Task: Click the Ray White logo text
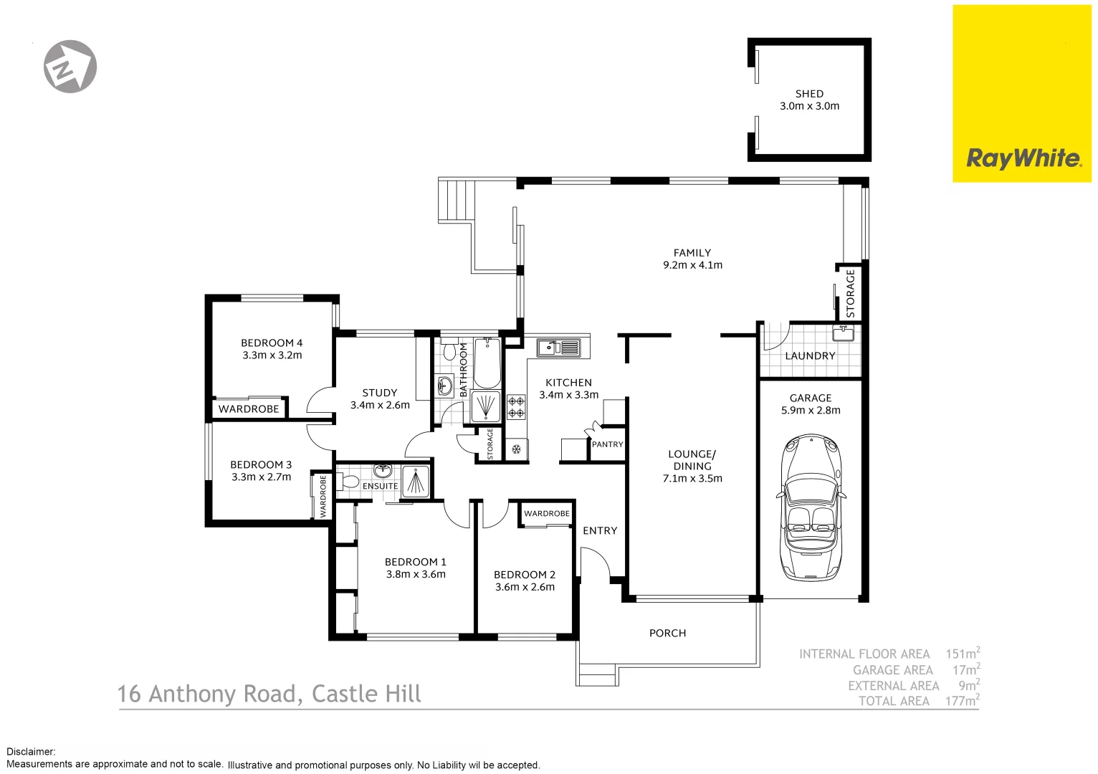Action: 1023,158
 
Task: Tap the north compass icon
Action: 70,67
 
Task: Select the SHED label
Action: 809,94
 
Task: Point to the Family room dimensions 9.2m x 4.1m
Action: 692,265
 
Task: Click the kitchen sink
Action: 559,348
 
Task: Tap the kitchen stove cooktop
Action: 516,406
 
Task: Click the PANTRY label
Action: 607,444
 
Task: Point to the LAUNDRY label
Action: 810,356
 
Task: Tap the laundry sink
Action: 843,333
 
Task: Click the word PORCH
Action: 667,634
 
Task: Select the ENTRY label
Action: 600,531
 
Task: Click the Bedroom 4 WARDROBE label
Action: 249,409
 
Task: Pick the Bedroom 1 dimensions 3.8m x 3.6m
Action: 416,575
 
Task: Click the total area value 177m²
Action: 962,701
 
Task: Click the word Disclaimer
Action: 30,752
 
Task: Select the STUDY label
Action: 379,393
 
